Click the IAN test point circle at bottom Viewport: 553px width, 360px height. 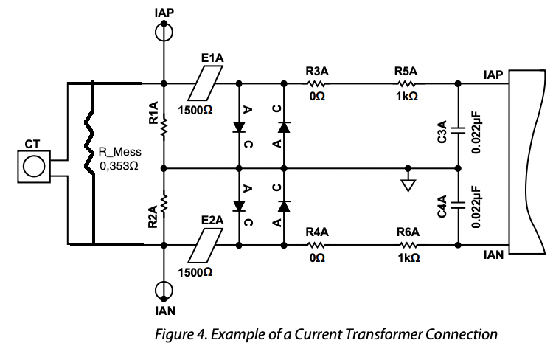(x=163, y=290)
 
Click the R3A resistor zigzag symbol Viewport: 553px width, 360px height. (x=316, y=83)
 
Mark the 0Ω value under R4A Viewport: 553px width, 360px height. (x=317, y=260)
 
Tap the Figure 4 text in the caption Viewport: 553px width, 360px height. (x=181, y=334)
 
